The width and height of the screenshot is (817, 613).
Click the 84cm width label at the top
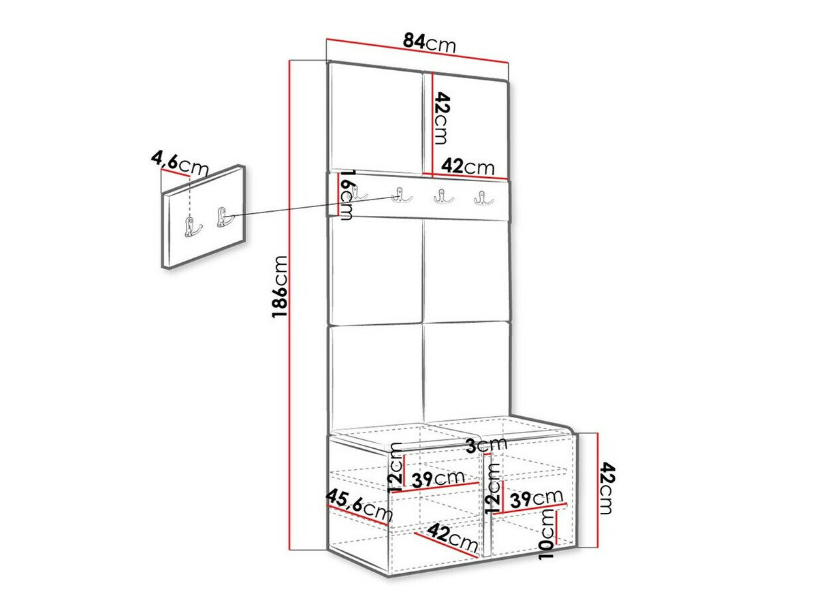428,42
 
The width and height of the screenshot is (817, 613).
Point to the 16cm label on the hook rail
346,195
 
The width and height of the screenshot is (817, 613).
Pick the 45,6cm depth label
359,505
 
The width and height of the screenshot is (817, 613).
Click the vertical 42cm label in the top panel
441,118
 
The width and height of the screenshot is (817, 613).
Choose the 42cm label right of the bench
607,489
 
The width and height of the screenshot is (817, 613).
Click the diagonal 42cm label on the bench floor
454,539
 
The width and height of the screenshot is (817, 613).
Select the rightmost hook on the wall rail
483,198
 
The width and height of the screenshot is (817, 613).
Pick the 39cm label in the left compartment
438,480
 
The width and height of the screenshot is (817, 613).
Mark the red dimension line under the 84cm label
417,52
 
